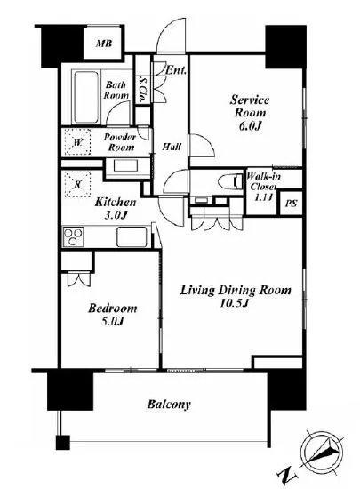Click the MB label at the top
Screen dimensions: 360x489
coord(104,43)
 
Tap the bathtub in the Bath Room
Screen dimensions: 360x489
coord(86,97)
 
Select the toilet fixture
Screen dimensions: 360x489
coord(231,181)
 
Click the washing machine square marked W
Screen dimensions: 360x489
coord(77,142)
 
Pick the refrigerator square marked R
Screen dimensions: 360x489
coord(77,184)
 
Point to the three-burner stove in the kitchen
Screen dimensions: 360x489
coord(73,236)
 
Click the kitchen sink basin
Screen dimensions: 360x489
coord(132,237)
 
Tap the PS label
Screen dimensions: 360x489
coord(292,204)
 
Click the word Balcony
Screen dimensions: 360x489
coord(169,405)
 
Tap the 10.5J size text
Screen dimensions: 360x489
coord(235,303)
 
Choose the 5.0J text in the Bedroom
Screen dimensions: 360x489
coord(113,321)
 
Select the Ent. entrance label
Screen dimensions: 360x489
coord(176,70)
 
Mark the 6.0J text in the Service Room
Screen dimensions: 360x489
coord(250,125)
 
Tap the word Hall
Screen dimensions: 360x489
coord(172,147)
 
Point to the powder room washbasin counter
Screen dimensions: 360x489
coord(128,166)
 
